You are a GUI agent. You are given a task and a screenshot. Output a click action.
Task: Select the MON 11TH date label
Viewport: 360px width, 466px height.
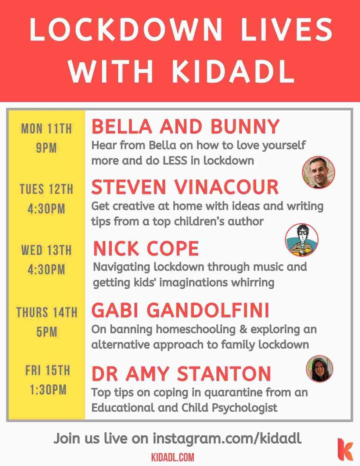point(46,129)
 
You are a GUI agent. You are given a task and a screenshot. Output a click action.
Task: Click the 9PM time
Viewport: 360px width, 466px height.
point(46,148)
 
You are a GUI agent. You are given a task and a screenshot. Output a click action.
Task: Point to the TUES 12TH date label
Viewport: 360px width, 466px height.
point(46,189)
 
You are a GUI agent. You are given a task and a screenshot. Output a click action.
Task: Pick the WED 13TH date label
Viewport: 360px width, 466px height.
point(46,250)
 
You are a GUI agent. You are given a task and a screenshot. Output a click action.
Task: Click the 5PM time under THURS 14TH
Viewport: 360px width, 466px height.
point(47,332)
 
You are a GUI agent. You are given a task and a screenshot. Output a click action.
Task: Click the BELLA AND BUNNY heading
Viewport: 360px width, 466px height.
point(186,127)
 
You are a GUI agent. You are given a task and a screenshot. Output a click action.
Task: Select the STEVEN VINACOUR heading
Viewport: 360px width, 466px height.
point(185,187)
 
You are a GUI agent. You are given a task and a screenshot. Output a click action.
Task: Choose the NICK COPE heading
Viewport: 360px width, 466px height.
point(146,248)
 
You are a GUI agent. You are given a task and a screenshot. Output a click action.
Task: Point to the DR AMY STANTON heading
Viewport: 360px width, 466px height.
point(181,373)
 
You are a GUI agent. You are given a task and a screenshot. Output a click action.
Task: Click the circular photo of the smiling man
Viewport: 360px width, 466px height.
point(318,172)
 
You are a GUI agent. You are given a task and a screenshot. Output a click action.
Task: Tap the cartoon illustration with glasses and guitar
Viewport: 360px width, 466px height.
point(302,240)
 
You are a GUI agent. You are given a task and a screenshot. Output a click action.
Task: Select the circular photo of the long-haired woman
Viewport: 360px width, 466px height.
point(320,369)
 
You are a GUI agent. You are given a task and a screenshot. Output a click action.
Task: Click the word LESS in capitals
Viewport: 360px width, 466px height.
point(175,160)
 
